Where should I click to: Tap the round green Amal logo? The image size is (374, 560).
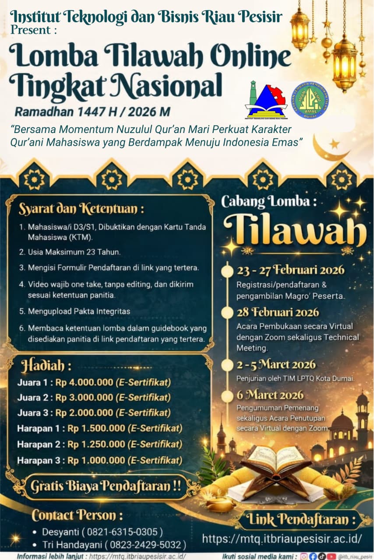(310, 99)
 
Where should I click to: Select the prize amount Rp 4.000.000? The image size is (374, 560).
(85, 382)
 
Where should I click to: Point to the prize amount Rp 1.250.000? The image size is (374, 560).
(96, 444)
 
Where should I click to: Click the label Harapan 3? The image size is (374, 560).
(42, 460)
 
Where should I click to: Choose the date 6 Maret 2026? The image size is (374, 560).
(270, 395)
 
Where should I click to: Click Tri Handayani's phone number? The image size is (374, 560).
(152, 545)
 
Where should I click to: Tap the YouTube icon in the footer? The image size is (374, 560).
(332, 556)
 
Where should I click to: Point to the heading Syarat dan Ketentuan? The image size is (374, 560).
(81, 209)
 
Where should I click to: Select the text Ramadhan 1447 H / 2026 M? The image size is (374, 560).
(92, 112)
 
